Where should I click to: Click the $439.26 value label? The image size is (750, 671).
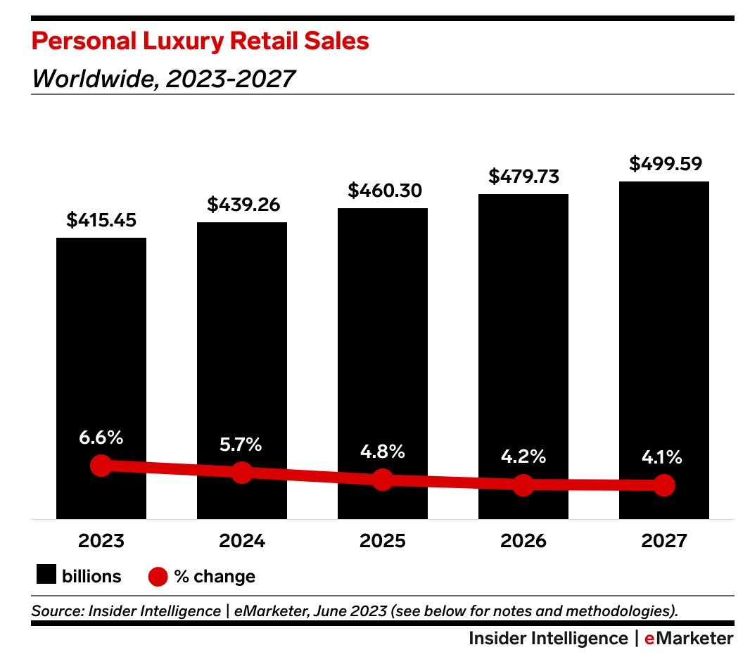point(243,205)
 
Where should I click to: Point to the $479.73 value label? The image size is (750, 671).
point(523,177)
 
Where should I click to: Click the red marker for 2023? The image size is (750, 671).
point(101,466)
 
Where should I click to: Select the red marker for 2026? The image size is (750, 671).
point(523,484)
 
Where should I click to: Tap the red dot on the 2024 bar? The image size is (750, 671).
point(242,473)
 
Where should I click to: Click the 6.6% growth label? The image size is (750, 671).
point(101,437)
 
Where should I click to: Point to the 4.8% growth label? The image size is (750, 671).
point(383,452)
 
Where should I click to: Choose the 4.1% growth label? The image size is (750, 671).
point(663,457)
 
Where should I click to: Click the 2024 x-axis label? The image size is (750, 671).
point(242,541)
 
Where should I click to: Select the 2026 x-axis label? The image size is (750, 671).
point(523,541)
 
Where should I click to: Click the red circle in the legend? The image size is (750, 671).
point(158,577)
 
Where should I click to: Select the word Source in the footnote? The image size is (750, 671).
point(56,611)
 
